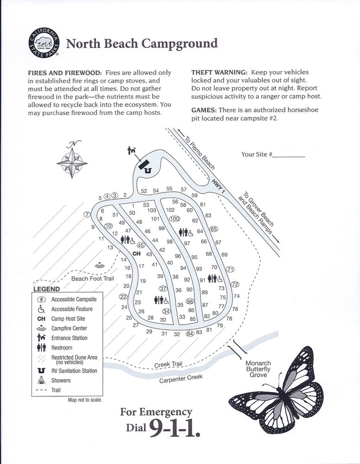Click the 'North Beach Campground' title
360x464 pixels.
tap(141, 44)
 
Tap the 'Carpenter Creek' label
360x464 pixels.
tap(181, 378)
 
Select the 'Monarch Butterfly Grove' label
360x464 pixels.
tap(258, 369)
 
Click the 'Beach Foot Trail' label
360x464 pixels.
tap(92, 278)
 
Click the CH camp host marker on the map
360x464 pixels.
tap(136, 254)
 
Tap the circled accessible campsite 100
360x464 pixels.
tap(174, 219)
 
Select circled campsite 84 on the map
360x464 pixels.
tap(189, 333)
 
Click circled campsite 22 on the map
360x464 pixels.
tap(123, 296)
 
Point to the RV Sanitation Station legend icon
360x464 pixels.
tap(41, 371)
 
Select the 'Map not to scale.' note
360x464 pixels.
tap(85, 400)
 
